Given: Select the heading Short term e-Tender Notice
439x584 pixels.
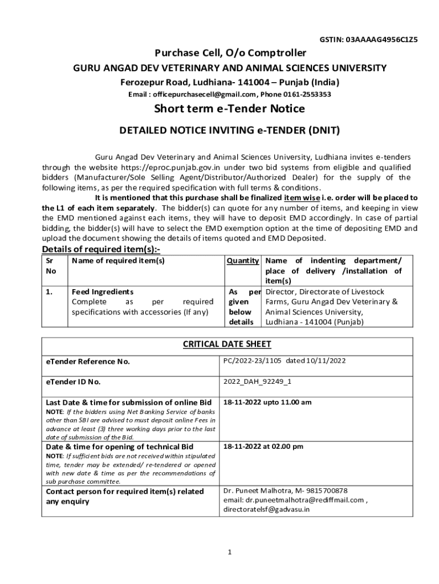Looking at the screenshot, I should coord(229,108).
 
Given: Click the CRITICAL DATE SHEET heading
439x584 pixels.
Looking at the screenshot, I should coord(226,344).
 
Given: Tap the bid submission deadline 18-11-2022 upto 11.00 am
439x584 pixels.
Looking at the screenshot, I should coord(267,403).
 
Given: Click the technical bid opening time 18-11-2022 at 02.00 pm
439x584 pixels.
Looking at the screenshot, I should coord(263,446).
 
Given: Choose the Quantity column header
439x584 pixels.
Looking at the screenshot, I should coord(243,261).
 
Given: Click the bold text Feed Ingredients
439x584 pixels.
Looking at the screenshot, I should coord(103,291).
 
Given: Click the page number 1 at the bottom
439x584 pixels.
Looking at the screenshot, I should coord(229,552).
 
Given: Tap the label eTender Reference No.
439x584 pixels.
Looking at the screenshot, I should coord(88,362).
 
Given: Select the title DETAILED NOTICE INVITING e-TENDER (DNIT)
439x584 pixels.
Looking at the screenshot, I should coord(229,130).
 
